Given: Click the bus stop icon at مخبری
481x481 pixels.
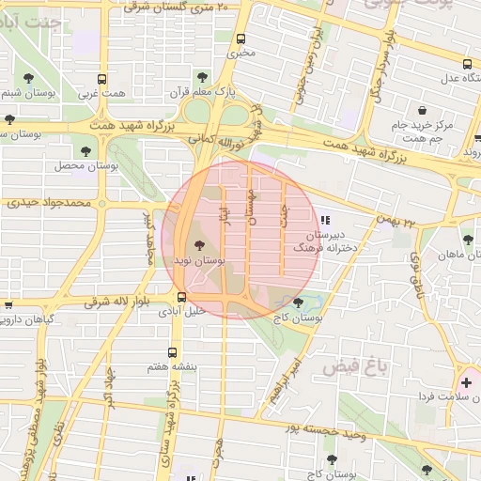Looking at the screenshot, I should coord(241,39).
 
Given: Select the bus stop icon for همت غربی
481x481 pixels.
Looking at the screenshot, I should coord(102,80).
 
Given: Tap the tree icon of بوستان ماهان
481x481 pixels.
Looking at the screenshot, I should coord(467,240).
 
